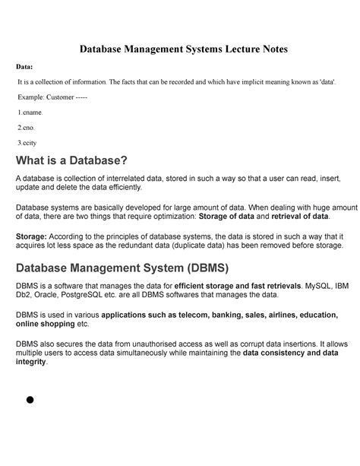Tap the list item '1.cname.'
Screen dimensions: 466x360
click(x=36, y=113)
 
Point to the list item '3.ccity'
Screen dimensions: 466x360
click(x=34, y=141)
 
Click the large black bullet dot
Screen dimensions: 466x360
click(x=32, y=400)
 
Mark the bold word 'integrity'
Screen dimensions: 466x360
click(x=31, y=363)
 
